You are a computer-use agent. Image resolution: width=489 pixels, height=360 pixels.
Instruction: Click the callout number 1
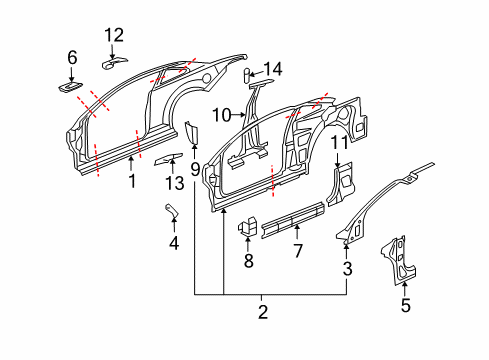130,182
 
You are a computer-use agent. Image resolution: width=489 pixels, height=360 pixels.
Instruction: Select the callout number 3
347,267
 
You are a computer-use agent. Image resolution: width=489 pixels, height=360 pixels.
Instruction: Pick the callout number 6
72,59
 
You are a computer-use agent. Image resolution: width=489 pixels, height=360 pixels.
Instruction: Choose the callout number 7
297,251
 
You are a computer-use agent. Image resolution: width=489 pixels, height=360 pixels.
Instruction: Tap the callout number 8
248,261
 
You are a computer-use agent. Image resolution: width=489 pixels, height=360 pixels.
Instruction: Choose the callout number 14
273,69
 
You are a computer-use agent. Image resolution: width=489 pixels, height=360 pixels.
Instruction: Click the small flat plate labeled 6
72,87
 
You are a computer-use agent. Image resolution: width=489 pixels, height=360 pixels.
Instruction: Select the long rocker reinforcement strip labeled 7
292,219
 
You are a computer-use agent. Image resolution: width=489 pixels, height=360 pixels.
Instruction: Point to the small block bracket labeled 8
248,229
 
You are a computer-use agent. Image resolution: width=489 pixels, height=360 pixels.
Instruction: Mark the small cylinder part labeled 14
249,74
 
